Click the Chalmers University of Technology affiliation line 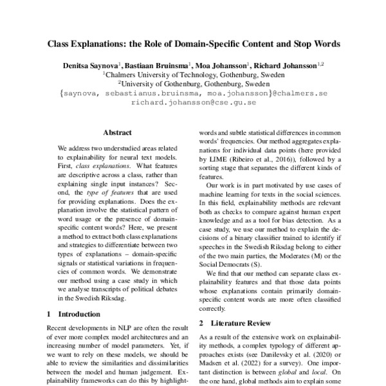coord(193,75)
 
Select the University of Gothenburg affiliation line coord(193,84)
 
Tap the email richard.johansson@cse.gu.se coord(193,102)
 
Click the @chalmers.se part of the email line coord(300,93)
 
